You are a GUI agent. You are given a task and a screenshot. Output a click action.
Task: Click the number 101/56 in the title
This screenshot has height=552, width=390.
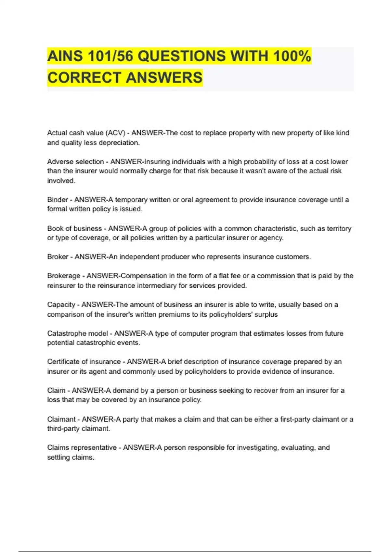(111, 56)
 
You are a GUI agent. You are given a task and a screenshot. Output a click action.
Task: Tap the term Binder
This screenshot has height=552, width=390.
(58, 199)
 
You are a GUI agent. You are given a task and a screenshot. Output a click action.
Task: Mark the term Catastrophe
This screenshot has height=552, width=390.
(67, 333)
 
